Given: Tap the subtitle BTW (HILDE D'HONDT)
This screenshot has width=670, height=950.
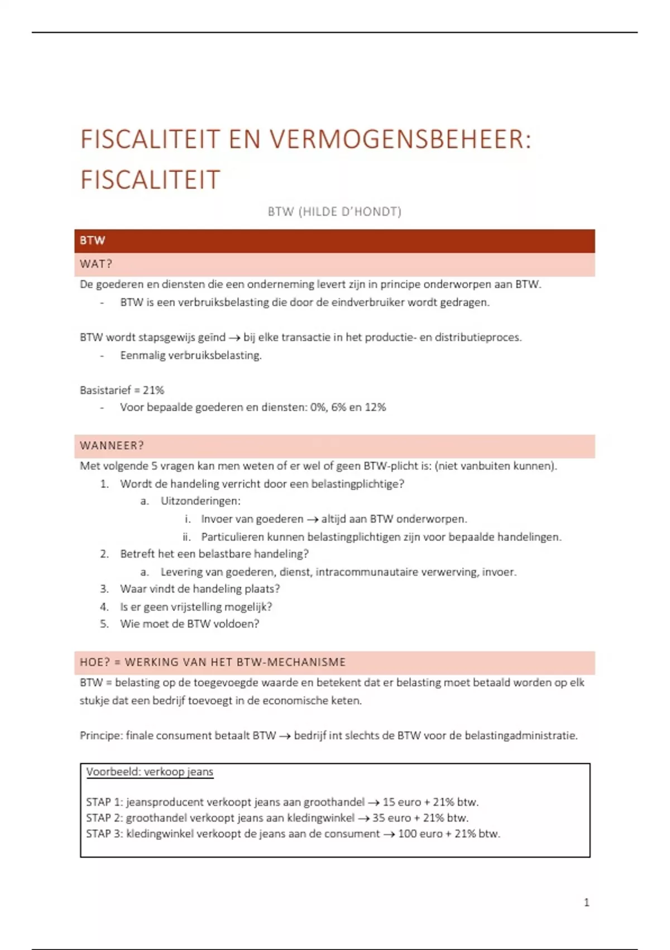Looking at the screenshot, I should pos(334,212).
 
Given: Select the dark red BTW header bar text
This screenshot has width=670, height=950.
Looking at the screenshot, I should pos(93,241).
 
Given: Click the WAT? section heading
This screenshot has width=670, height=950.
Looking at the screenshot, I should pos(96,264).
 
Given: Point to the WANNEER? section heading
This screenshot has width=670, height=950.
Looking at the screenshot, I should pos(112,446).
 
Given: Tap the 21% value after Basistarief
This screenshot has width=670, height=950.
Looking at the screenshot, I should pos(154,390).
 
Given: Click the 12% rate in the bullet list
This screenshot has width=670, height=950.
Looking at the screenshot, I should pos(375,407).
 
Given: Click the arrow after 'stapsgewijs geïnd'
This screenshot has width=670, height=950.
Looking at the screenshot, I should pos(234,338).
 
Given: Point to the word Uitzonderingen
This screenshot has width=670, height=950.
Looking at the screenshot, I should pos(200,501).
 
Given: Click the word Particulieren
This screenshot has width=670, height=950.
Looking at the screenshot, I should pos(233,537).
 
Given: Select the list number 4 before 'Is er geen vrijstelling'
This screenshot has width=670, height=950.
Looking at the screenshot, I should pos(104,607).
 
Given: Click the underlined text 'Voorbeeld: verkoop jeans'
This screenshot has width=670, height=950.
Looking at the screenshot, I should pos(150,772).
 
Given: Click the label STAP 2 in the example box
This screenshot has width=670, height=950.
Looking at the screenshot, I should pos(104,818).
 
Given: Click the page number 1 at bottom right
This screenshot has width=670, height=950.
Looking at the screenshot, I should pos(586,902).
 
